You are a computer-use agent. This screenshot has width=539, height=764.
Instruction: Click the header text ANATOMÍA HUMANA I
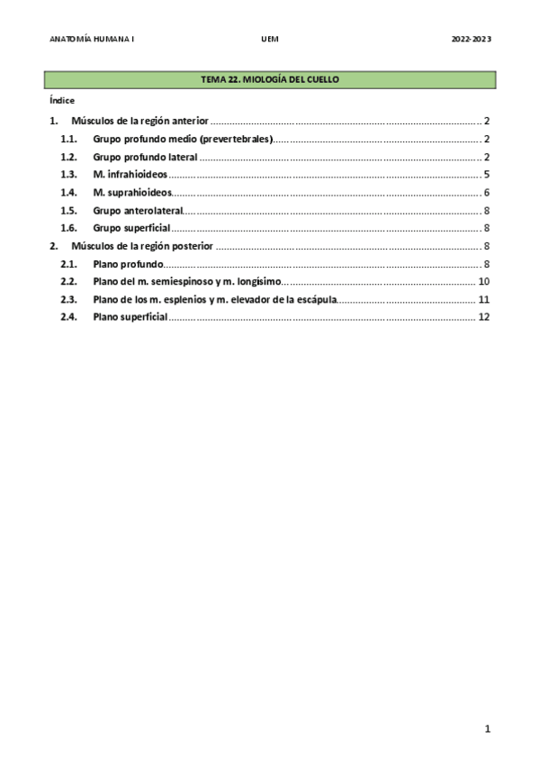(90, 40)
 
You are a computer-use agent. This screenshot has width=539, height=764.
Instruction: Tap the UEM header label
(269, 40)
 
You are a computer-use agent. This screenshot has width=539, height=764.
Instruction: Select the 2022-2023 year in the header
(472, 40)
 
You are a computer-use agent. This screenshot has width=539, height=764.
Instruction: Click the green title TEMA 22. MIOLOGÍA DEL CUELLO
(269, 81)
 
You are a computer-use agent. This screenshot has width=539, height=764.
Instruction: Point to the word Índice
(62, 101)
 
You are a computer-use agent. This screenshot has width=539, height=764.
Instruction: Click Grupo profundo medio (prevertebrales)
(183, 139)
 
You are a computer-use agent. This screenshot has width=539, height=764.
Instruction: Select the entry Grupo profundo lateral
(145, 157)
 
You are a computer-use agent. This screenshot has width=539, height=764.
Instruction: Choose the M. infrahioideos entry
(130, 174)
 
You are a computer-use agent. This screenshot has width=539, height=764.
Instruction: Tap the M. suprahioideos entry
(132, 192)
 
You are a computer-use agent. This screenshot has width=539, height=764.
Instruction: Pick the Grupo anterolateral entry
(138, 210)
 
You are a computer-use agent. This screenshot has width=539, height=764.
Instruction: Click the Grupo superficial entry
(131, 228)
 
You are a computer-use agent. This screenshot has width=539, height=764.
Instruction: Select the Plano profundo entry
(128, 264)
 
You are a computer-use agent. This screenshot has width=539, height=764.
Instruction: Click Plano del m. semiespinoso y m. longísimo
(187, 282)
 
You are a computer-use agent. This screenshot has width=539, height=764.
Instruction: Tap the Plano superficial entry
(130, 317)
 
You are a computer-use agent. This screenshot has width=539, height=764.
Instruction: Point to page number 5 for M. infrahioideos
(486, 174)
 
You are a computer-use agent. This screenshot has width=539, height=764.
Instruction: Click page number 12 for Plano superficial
(483, 317)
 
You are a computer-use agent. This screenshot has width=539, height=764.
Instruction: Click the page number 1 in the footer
(487, 729)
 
